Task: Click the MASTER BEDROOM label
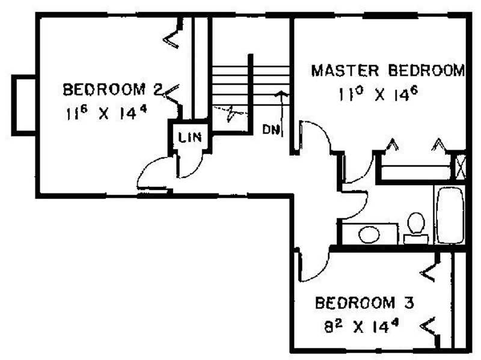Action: pyautogui.click(x=388, y=70)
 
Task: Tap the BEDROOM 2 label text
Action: pyautogui.click(x=112, y=90)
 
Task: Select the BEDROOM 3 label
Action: pyautogui.click(x=364, y=303)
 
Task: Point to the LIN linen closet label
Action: pyautogui.click(x=190, y=138)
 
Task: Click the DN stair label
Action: pyautogui.click(x=271, y=129)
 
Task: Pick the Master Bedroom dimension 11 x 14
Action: pyautogui.click(x=379, y=94)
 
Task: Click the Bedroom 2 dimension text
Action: pyautogui.click(x=106, y=113)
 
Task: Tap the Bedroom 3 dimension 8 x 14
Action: pyautogui.click(x=361, y=326)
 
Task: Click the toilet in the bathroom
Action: pyautogui.click(x=416, y=228)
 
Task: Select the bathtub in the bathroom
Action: pyautogui.click(x=450, y=215)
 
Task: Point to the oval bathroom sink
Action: pyautogui.click(x=369, y=234)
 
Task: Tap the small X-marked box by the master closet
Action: pyautogui.click(x=460, y=167)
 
